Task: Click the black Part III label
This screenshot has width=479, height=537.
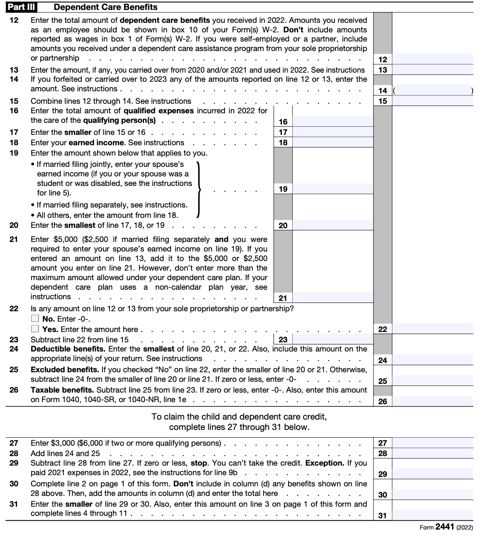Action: click(20, 7)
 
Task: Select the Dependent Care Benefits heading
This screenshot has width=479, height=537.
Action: click(105, 7)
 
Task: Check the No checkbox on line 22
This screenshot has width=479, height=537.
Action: click(35, 319)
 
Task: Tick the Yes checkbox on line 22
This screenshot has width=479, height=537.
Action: click(35, 329)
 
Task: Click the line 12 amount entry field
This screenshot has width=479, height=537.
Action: click(432, 59)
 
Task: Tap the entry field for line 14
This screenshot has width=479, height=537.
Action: click(432, 90)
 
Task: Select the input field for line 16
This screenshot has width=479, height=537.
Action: click(332, 121)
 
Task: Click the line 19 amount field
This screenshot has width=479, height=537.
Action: click(332, 189)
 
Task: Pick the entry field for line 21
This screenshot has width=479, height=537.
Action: click(332, 298)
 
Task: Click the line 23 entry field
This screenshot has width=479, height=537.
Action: click(332, 339)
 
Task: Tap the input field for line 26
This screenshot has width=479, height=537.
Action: click(432, 401)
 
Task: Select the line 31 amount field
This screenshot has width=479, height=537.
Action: click(432, 515)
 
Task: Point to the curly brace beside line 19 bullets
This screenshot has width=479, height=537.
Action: click(199, 189)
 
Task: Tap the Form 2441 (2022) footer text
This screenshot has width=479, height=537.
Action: click(446, 527)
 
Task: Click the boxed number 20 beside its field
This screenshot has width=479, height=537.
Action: click(283, 225)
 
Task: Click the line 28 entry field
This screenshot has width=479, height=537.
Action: click(432, 453)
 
